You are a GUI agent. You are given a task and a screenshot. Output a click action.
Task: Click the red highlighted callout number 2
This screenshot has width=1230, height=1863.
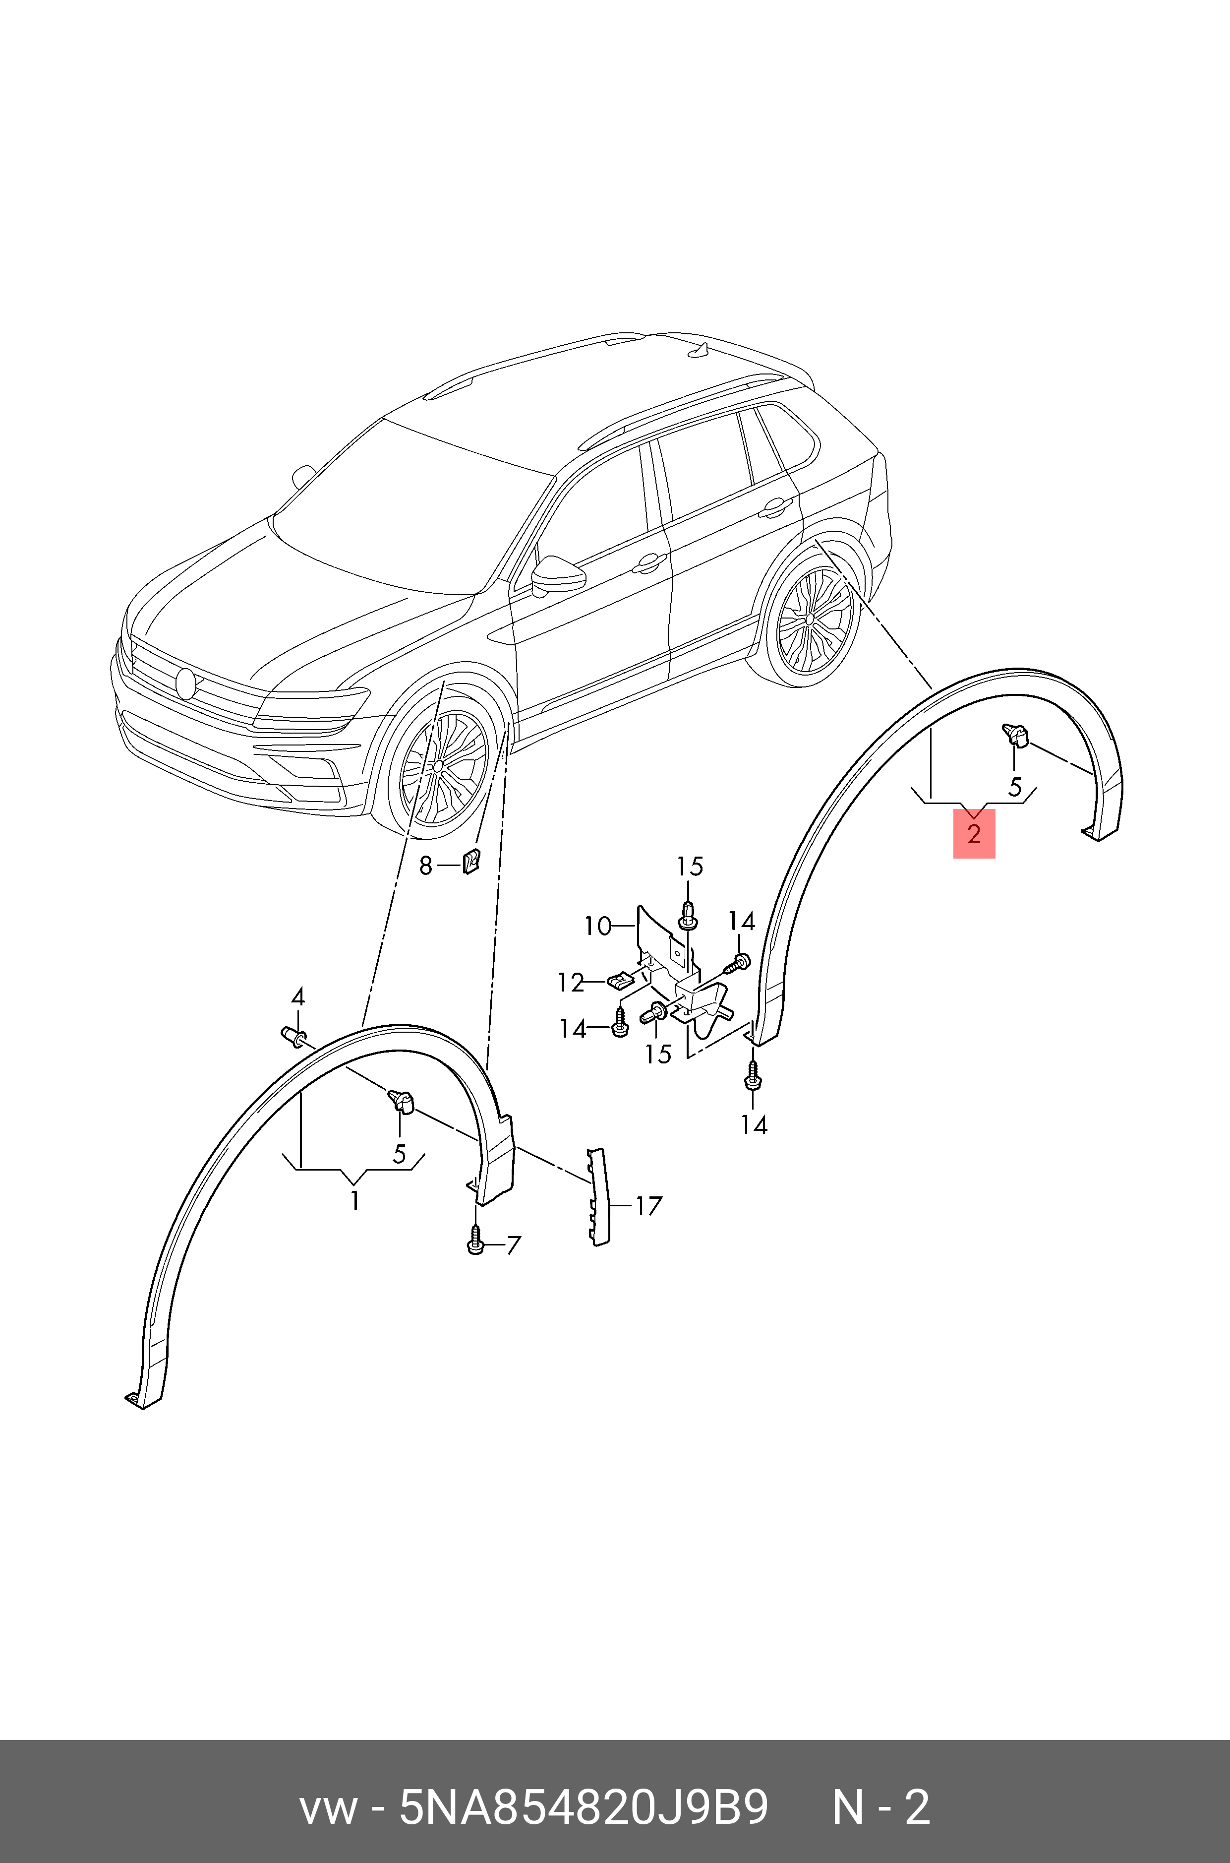974,833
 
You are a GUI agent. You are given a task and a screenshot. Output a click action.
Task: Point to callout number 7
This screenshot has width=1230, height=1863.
513,1245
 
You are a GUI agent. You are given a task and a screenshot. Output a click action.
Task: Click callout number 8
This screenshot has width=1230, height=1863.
425,866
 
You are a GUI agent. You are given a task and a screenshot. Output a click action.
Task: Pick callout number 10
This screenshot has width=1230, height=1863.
598,926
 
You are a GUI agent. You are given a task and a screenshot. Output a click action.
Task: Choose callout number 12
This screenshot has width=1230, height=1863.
571,983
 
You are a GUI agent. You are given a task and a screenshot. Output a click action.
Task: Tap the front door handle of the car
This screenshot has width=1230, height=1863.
650,562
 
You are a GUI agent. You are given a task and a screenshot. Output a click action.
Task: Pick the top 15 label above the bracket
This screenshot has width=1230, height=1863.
690,867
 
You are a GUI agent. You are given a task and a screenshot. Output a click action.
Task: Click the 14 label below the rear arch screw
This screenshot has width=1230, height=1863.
754,1124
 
